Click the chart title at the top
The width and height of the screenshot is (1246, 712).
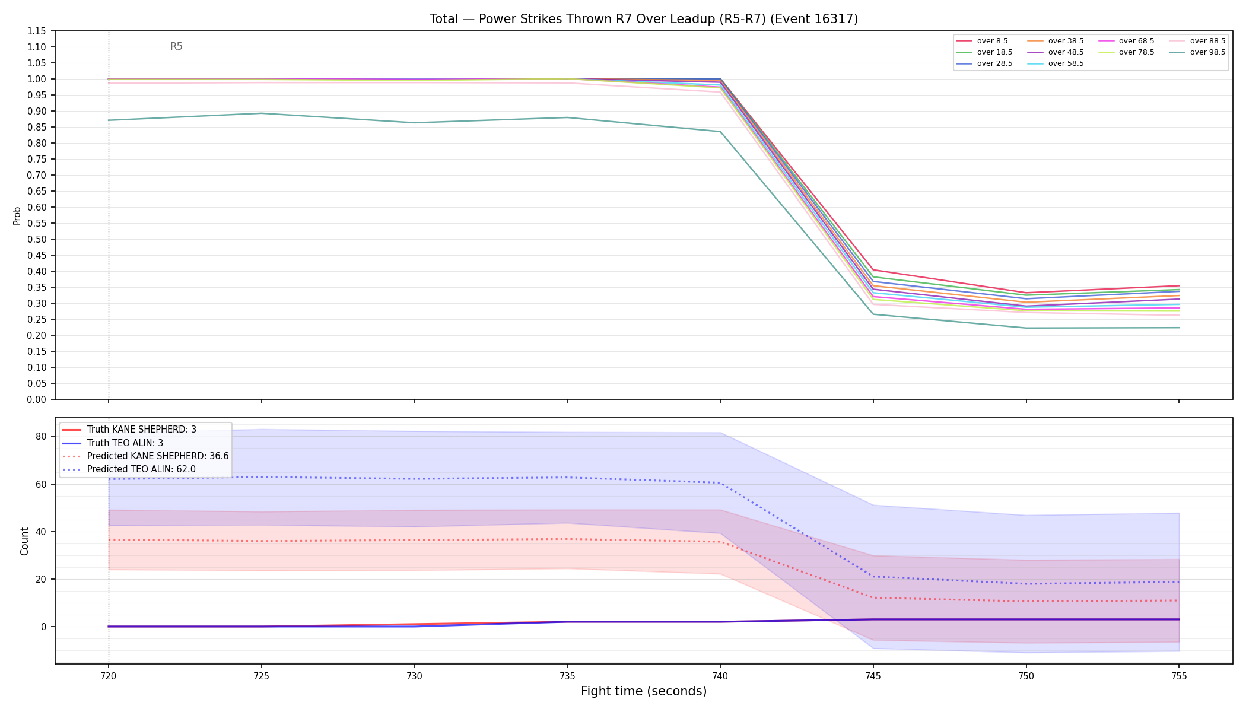pyautogui.click(x=644, y=19)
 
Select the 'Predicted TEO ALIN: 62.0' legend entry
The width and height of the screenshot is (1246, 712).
pyautogui.click(x=129, y=469)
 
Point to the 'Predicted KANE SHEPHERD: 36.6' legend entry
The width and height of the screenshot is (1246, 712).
pyautogui.click(x=145, y=456)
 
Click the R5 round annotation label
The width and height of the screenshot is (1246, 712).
pyautogui.click(x=176, y=46)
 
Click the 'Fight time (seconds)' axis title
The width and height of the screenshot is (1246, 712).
pyautogui.click(x=644, y=691)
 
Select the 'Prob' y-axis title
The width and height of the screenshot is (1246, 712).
pyautogui.click(x=17, y=215)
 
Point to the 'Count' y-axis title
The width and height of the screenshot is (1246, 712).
pyautogui.click(x=24, y=541)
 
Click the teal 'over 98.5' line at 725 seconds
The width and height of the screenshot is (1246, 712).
pyautogui.click(x=262, y=113)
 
